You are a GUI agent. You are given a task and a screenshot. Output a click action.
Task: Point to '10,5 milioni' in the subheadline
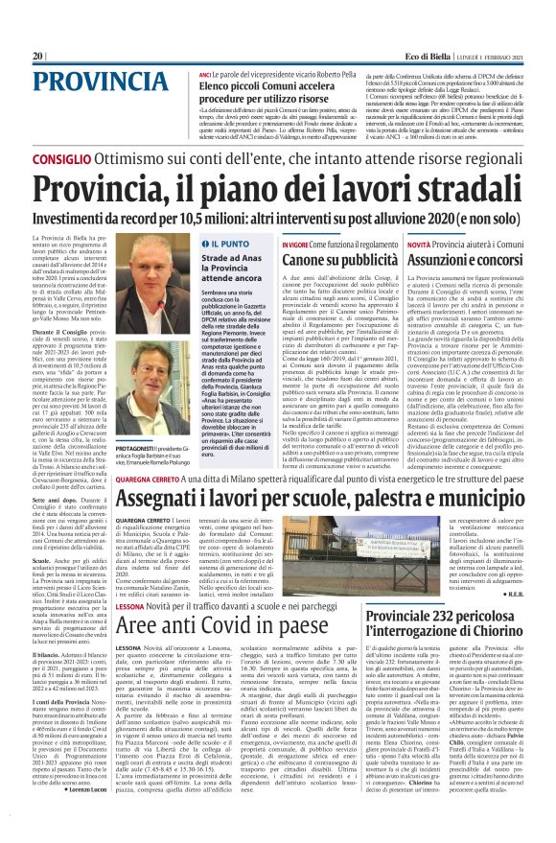tap(211, 212)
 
